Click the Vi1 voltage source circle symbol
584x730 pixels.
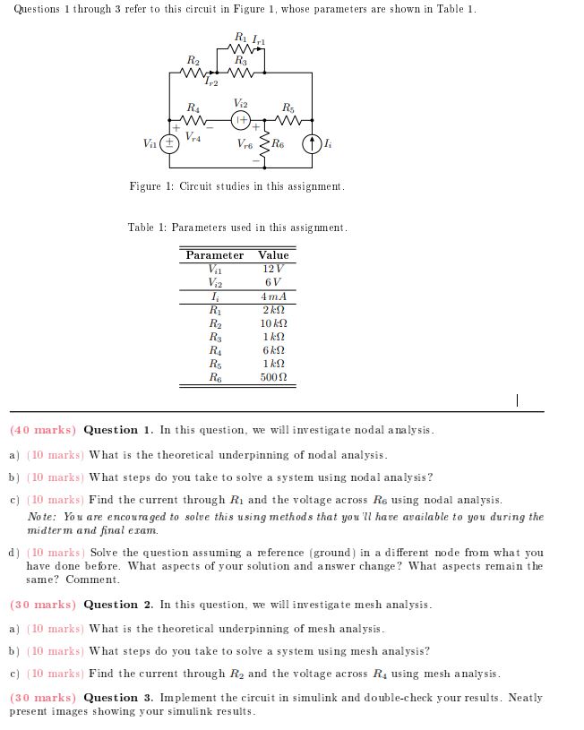(x=167, y=143)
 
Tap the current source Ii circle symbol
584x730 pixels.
(x=311, y=143)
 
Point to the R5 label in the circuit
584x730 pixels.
(x=288, y=106)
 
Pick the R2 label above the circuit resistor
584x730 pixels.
(x=192, y=60)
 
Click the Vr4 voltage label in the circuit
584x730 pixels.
(x=193, y=138)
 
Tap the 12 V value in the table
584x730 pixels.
(x=273, y=269)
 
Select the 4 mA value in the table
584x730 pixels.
(x=273, y=296)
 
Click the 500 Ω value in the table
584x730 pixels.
(x=273, y=378)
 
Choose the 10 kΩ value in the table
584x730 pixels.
(x=273, y=323)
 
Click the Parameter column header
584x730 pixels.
(x=214, y=255)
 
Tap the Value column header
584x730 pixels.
(x=273, y=255)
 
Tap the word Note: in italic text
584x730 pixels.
(x=42, y=517)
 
